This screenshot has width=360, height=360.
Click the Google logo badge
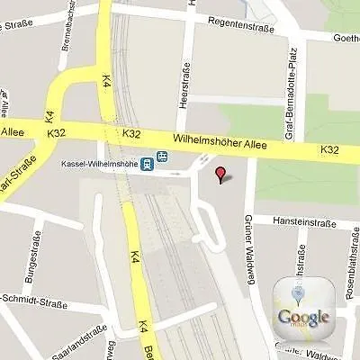click(304, 304)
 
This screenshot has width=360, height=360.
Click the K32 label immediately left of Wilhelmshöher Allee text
click(131, 134)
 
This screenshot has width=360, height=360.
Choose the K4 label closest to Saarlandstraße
click(141, 328)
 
